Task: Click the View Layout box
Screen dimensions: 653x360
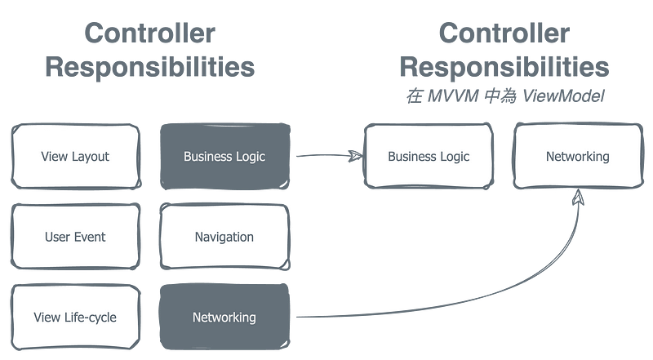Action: (76, 156)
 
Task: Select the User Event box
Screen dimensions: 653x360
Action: (75, 237)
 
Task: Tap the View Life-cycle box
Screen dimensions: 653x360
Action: (75, 317)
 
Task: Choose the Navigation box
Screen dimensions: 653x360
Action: (224, 237)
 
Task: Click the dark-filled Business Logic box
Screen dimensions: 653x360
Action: (225, 156)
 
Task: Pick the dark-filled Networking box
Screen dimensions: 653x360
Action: (224, 317)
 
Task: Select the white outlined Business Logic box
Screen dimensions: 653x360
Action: (429, 156)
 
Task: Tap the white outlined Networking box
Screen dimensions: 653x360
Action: (578, 156)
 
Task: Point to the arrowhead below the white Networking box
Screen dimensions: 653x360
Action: (578, 197)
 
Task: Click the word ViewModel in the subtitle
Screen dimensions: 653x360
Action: (563, 96)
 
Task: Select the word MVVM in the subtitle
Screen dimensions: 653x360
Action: (453, 96)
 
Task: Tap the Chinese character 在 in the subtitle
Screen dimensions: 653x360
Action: (415, 96)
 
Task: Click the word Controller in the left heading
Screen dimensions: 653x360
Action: (150, 33)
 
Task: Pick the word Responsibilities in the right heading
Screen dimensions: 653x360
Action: (504, 67)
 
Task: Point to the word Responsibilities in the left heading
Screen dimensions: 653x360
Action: (150, 67)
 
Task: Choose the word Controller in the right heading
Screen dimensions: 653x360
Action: (504, 33)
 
